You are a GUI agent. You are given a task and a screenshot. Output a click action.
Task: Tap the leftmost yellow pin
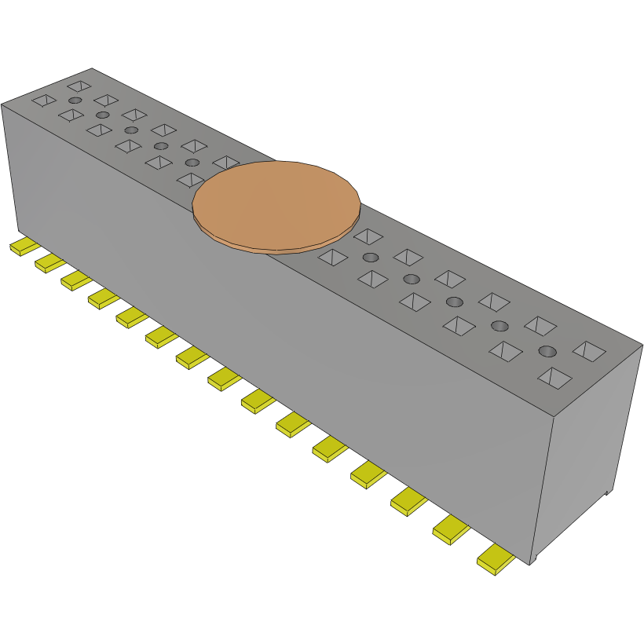(x=24, y=247)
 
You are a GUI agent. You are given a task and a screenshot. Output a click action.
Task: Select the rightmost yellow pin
(x=496, y=559)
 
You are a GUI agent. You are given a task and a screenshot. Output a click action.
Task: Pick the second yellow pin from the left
(x=49, y=263)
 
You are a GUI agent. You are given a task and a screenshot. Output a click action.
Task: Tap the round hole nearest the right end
(x=547, y=351)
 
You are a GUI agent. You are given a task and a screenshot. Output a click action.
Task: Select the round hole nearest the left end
(x=75, y=101)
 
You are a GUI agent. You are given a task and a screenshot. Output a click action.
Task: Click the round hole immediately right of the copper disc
(x=371, y=258)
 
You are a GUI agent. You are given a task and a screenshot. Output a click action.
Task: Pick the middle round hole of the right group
(x=454, y=302)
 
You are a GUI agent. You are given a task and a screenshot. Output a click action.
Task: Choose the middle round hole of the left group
(x=131, y=130)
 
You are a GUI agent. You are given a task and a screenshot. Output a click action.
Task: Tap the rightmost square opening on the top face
(x=590, y=351)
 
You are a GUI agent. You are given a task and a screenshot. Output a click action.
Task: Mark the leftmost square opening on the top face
(x=44, y=100)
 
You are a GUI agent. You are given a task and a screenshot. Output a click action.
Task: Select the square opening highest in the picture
(x=79, y=85)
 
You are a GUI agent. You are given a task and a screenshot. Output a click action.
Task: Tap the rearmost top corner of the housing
(x=93, y=68)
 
